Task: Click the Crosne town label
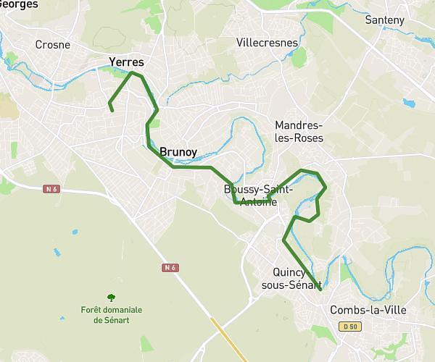pyautogui.click(x=53, y=45)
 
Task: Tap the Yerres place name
pyautogui.click(x=126, y=62)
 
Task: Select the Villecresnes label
pyautogui.click(x=267, y=43)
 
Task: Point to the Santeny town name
pyautogui.click(x=385, y=20)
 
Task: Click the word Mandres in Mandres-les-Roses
pyautogui.click(x=299, y=125)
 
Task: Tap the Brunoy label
pyautogui.click(x=178, y=152)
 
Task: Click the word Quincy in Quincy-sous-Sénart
pyautogui.click(x=289, y=272)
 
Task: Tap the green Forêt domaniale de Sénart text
pyautogui.click(x=111, y=315)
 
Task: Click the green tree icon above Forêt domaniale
pyautogui.click(x=111, y=297)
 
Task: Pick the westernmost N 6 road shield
pyautogui.click(x=50, y=188)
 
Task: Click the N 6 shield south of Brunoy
pyautogui.click(x=170, y=268)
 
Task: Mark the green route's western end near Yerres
pyautogui.click(x=112, y=110)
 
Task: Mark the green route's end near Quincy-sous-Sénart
pyautogui.click(x=319, y=290)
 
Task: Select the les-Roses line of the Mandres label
pyautogui.click(x=299, y=138)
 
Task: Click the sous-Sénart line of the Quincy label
pyautogui.click(x=291, y=285)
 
